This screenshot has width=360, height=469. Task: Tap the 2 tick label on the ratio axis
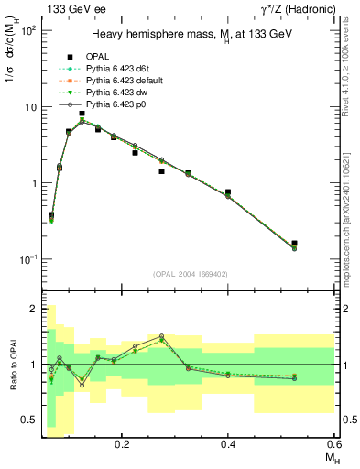(35, 309)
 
